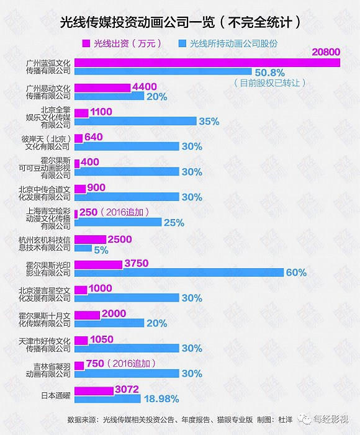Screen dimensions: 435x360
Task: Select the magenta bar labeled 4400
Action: pos(102,87)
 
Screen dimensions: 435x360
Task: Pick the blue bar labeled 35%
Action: pos(135,121)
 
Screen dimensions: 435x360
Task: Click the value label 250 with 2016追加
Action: pos(91,212)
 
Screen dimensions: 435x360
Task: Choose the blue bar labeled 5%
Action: pos(82,249)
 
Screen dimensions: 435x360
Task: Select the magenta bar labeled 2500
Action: pos(89,240)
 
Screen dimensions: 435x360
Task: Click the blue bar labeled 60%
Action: pos(179,272)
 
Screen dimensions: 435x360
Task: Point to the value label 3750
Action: pos(137,264)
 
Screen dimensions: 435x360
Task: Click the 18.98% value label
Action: pos(161,398)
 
